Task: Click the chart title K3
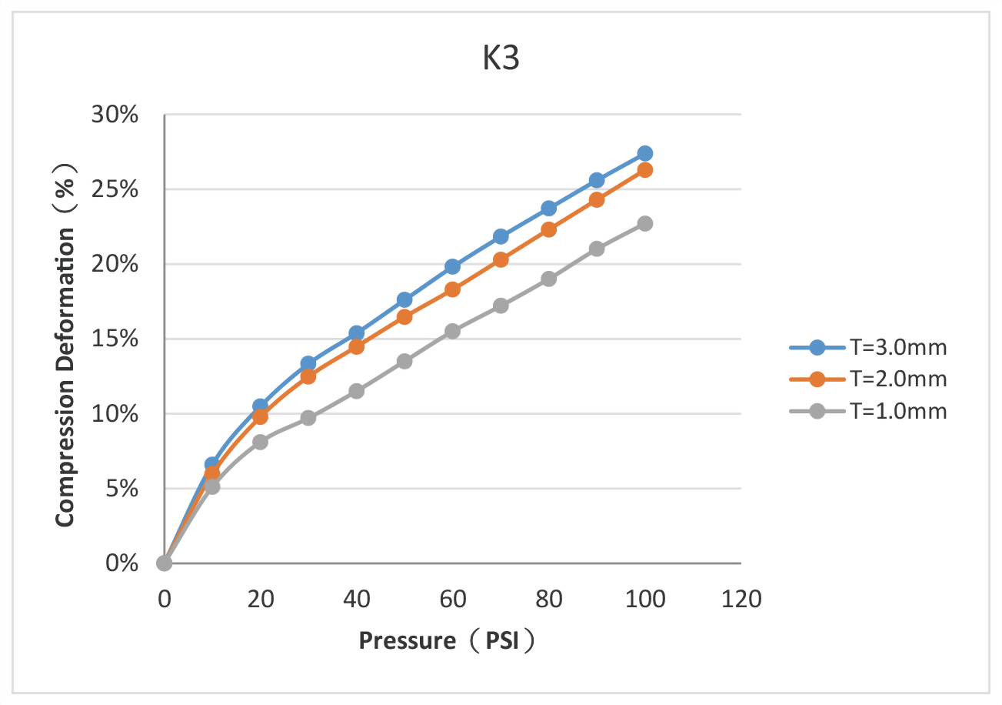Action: (x=501, y=60)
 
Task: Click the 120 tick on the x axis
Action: (x=741, y=599)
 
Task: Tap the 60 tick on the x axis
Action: (x=452, y=599)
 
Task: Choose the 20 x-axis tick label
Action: (x=260, y=599)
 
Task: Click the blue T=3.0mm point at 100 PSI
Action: (x=645, y=153)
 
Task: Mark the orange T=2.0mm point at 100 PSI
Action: (x=645, y=170)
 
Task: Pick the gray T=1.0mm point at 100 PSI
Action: (x=645, y=223)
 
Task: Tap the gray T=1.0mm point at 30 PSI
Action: (x=308, y=418)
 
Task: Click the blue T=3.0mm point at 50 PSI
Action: (x=404, y=299)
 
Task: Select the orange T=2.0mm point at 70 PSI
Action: (x=501, y=259)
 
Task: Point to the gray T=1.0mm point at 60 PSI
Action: (x=452, y=331)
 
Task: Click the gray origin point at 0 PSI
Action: (x=164, y=563)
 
